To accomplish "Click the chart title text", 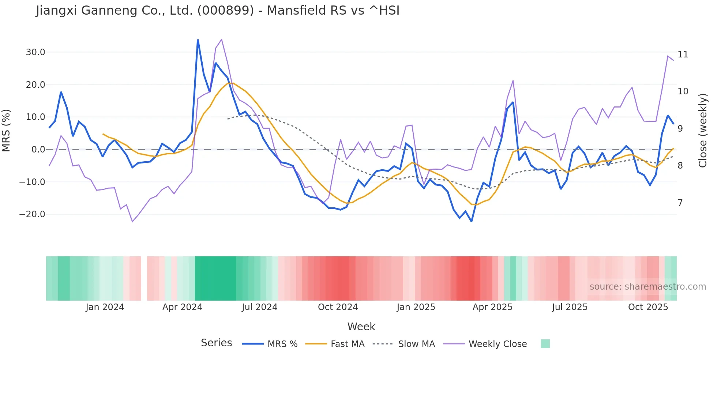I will pyautogui.click(x=218, y=11).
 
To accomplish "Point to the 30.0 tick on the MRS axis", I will pyautogui.click(x=35, y=52).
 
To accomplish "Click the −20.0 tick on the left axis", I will pyautogui.click(x=32, y=214).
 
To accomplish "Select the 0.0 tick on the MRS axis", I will pyautogui.click(x=38, y=150).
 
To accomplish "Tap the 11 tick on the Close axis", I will pyautogui.click(x=683, y=54).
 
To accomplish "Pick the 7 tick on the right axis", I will pyautogui.click(x=680, y=203).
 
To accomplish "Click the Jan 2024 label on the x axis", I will pyautogui.click(x=105, y=307).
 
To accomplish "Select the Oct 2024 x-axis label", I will pyautogui.click(x=338, y=307).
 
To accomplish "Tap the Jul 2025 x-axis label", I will pyautogui.click(x=570, y=307).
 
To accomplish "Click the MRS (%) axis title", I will pyautogui.click(x=6, y=131).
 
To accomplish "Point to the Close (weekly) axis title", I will pyautogui.click(x=703, y=131).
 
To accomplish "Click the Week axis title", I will pyautogui.click(x=361, y=327).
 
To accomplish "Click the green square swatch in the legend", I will pyautogui.click(x=545, y=344).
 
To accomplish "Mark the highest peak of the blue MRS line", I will pyautogui.click(x=198, y=40).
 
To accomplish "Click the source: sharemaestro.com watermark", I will pyautogui.click(x=647, y=287).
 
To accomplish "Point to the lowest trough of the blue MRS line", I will pyautogui.click(x=472, y=221).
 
